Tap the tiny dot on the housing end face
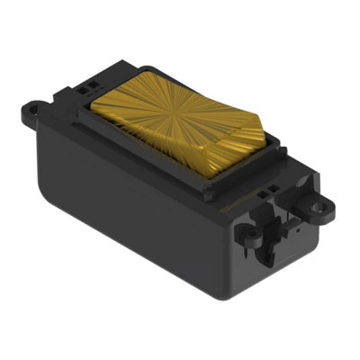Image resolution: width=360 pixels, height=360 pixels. coord(297,230)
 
